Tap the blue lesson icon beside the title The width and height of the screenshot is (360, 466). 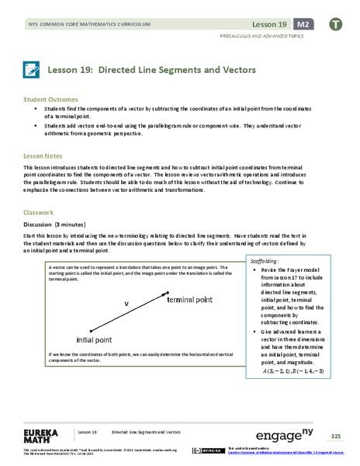pyautogui.click(x=33, y=71)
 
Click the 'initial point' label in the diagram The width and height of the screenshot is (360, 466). pyautogui.click(x=99, y=339)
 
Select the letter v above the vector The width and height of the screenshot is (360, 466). pyautogui.click(x=126, y=303)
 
